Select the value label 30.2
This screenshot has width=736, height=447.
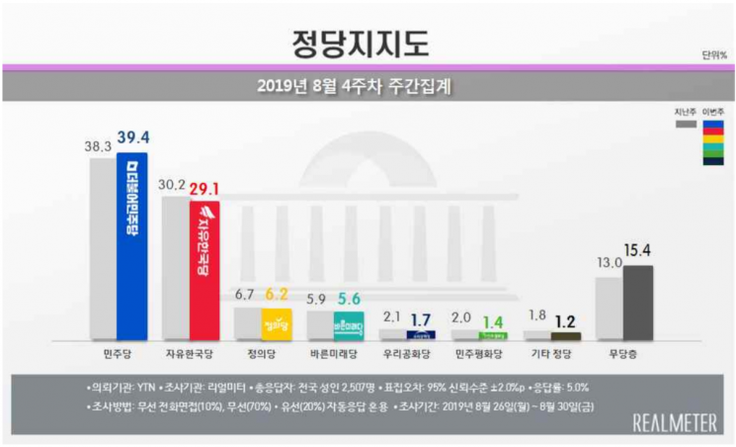(175, 183)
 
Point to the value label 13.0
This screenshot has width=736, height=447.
(609, 263)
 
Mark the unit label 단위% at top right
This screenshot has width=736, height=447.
(714, 55)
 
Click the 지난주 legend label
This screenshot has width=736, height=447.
(685, 112)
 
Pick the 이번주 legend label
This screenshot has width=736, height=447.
(713, 112)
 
